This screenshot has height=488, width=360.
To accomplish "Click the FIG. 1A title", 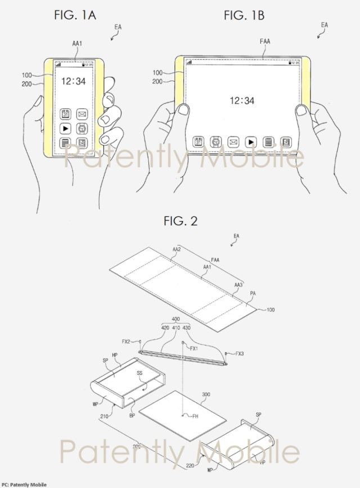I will (75, 15).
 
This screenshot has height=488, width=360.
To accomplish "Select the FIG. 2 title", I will (181, 221).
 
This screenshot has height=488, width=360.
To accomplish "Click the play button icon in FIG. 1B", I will (252, 141).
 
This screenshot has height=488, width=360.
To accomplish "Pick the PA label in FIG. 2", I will (253, 293).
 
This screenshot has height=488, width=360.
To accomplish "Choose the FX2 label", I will (127, 341).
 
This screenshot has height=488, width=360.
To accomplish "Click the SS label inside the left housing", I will (137, 372).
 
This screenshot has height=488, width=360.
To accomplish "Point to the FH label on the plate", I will (194, 417).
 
